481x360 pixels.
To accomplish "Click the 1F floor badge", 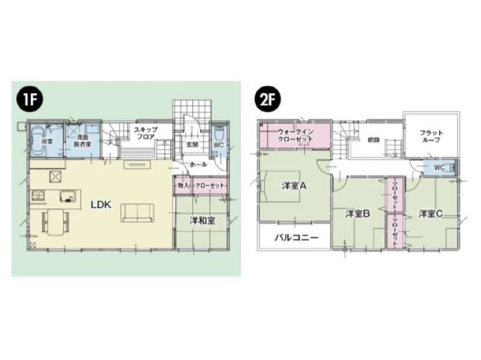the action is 29,99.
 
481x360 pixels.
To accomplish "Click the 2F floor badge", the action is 268,99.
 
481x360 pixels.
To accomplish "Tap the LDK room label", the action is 101,204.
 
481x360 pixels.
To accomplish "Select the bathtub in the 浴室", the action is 38,141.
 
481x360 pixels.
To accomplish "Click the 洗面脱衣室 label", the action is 82,141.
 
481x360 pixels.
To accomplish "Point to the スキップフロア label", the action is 146,133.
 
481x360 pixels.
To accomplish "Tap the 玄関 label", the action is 192,144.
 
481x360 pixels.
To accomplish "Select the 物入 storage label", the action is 183,186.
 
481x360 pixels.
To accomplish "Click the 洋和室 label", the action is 202,220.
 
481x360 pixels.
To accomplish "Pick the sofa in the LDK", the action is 138,213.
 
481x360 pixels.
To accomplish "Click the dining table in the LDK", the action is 56,221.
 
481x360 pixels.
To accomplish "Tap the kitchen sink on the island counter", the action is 68,197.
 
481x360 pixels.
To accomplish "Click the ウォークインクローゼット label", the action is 295,135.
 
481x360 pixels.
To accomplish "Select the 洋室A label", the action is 294,186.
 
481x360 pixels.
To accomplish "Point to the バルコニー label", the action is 296,237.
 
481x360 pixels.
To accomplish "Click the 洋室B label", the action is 357,213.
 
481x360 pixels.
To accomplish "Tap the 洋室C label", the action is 430,213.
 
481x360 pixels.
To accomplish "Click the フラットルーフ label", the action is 431,136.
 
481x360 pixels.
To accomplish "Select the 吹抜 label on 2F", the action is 373,140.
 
